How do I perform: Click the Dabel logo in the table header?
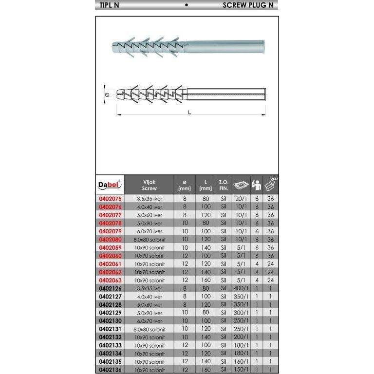click(x=110, y=185)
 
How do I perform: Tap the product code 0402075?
click(x=110, y=199)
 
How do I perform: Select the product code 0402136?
click(x=110, y=370)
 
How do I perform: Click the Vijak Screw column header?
click(x=150, y=185)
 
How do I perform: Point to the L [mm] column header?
click(x=206, y=185)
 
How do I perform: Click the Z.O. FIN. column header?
click(x=223, y=185)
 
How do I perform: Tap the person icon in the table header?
click(x=257, y=185)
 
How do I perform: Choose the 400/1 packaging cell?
click(x=241, y=288)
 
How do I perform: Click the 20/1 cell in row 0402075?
click(x=241, y=199)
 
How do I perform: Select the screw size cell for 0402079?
click(x=150, y=231)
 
